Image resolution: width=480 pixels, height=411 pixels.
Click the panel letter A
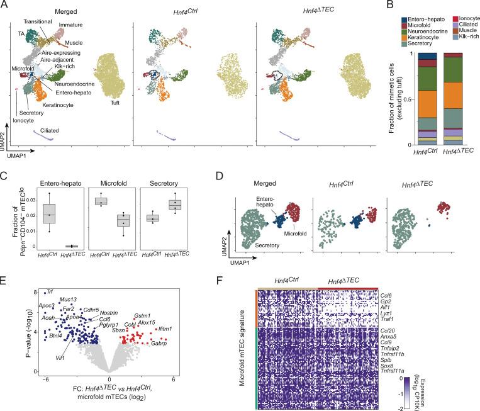(5, 5)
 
